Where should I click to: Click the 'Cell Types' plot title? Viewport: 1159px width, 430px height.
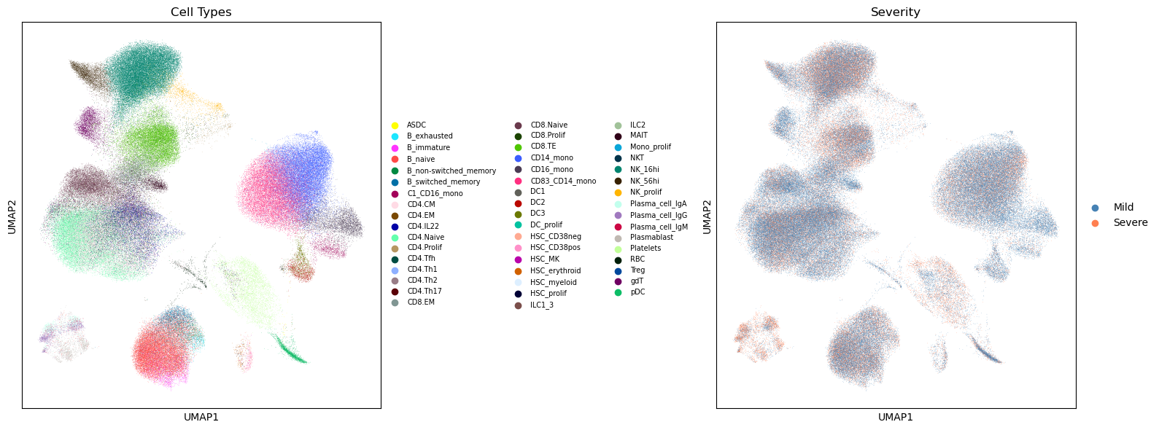tap(201, 12)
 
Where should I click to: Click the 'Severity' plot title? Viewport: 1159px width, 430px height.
tap(895, 12)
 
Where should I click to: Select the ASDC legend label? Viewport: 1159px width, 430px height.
tap(416, 125)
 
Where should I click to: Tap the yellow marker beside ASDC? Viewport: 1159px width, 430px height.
tap(395, 125)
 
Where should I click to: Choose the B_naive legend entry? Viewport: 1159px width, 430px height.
tap(421, 159)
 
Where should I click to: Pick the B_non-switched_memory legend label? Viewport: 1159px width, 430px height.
tap(451, 171)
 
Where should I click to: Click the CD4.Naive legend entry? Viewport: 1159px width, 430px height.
tap(425, 237)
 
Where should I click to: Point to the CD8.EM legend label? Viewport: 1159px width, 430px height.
tap(421, 302)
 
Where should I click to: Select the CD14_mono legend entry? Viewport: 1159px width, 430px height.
tap(551, 158)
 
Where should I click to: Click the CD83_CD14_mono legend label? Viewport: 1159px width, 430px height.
tap(563, 181)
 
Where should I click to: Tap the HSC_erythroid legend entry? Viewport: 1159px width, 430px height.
tap(555, 270)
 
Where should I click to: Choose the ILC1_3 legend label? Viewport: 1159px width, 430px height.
tap(542, 305)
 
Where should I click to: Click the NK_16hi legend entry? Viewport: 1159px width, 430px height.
tap(645, 169)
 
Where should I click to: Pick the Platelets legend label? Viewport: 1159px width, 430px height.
tap(646, 248)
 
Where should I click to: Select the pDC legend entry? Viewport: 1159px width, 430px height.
tap(637, 292)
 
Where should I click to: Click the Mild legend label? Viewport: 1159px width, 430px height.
tap(1123, 208)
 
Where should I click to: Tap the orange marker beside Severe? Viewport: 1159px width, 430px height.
tap(1095, 223)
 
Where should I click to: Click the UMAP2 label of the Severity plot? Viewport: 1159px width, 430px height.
tap(707, 216)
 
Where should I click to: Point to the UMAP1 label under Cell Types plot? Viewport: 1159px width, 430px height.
tap(201, 418)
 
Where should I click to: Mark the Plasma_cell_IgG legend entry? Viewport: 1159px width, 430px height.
tap(658, 215)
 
